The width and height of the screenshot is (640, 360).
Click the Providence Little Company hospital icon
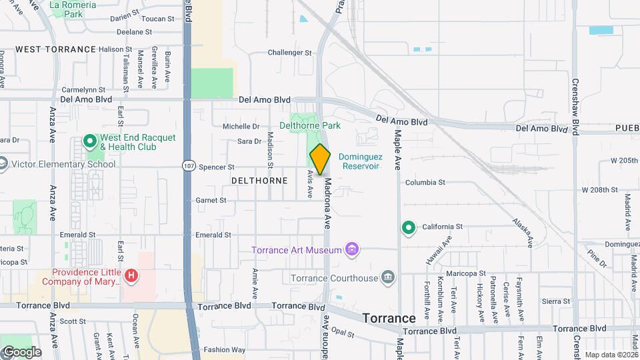pos(132,275)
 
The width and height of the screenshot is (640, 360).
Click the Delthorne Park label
pos(309,125)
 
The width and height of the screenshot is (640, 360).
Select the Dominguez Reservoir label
pos(359,161)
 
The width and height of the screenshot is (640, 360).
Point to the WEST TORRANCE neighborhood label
pos(55,49)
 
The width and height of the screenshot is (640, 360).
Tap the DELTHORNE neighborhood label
pos(259,181)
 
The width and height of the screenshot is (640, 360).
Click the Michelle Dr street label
pos(241,126)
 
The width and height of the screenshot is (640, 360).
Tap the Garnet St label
pos(211,200)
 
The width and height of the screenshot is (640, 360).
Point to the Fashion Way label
pos(225,349)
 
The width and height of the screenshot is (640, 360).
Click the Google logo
pos(21,351)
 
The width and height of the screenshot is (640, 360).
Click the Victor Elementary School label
pos(63,164)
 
